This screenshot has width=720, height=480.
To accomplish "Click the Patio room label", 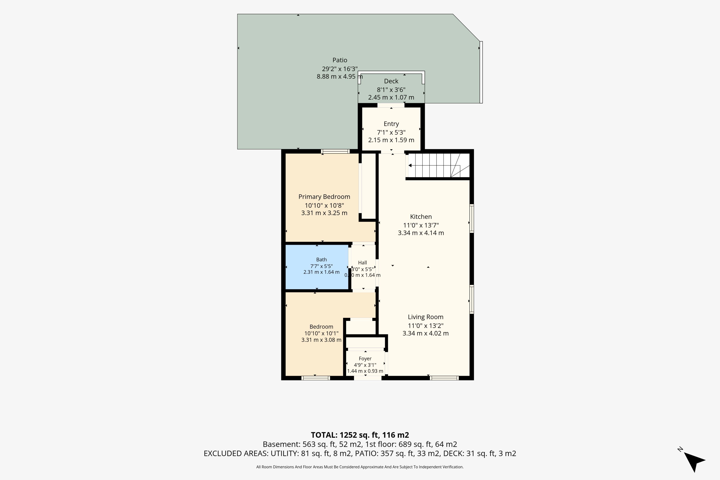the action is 340,60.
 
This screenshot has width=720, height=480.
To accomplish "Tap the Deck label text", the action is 391,81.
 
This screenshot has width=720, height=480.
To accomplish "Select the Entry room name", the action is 391,124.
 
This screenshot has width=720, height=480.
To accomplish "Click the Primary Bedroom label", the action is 324,197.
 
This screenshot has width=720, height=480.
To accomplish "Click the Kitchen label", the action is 421,217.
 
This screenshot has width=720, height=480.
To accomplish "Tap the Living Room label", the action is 425,317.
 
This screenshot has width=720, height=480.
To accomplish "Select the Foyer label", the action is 365,358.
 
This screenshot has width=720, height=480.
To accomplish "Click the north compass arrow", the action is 694,460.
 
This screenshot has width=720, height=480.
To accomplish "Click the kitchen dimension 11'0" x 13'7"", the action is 421,225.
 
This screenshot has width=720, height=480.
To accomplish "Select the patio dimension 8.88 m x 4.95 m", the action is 340,76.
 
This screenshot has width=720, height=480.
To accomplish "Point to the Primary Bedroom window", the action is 335,151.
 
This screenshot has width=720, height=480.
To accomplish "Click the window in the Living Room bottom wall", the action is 444,378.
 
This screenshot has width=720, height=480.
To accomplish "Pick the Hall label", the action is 362,263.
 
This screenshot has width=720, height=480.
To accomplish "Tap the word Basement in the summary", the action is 281,444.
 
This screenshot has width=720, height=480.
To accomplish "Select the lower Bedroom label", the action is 321,327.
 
